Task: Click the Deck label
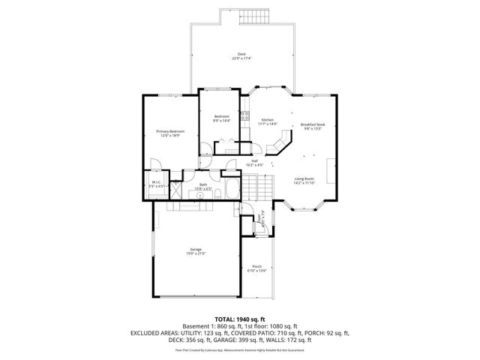pyautogui.click(x=241, y=53)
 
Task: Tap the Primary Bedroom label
pyautogui.click(x=170, y=131)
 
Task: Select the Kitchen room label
pyautogui.click(x=268, y=120)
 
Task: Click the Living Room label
pyautogui.click(x=304, y=178)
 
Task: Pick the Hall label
pyautogui.click(x=255, y=160)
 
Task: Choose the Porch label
pyautogui.click(x=256, y=267)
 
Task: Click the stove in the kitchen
pyautogui.click(x=244, y=115)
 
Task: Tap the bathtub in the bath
pyautogui.click(x=231, y=190)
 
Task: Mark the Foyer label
pyautogui.click(x=262, y=220)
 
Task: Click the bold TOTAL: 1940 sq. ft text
pyautogui.click(x=240, y=319)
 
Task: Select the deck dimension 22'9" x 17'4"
pyautogui.click(x=241, y=58)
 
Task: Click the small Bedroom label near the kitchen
pyautogui.click(x=221, y=116)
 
